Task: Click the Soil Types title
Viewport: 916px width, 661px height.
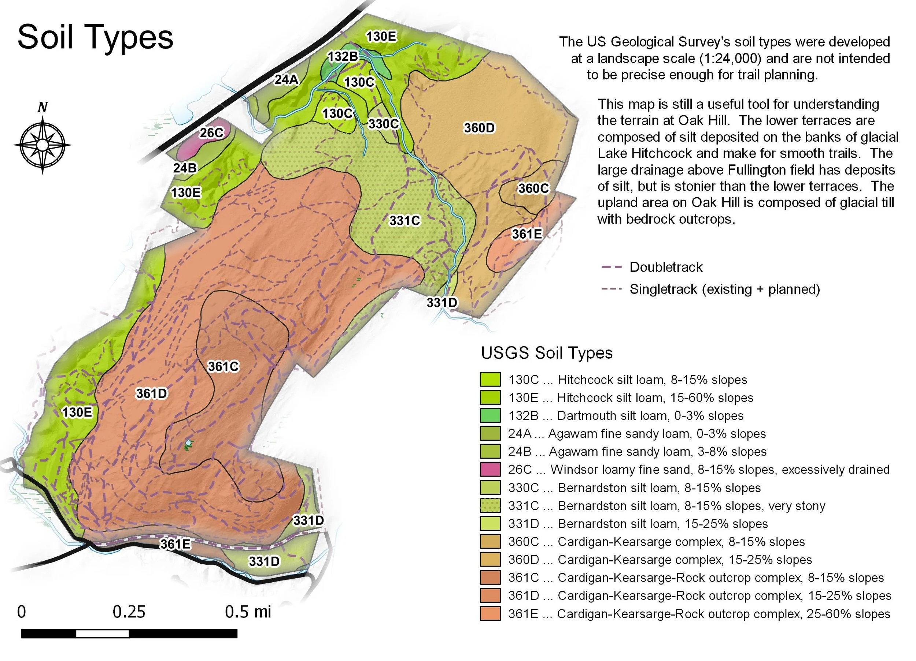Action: (95, 37)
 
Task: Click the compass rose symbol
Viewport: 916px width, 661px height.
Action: (43, 145)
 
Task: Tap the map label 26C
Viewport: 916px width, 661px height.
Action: (211, 133)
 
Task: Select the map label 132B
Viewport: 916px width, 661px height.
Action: (343, 56)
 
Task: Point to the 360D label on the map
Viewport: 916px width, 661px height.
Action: (479, 128)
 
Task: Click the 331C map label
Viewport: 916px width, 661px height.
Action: (404, 221)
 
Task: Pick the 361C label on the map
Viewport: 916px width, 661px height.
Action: (223, 366)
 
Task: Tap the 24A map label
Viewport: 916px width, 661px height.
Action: (287, 79)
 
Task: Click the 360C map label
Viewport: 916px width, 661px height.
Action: (533, 188)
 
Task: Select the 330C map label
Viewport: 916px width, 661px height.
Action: (383, 123)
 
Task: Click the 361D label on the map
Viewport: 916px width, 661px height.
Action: (151, 393)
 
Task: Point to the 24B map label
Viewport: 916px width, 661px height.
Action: (185, 168)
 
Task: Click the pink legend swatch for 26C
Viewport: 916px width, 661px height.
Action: (490, 469)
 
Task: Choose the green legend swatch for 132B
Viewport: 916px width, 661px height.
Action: (490, 415)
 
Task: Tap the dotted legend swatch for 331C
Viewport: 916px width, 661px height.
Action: (490, 505)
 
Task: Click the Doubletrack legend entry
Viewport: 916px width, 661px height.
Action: (666, 267)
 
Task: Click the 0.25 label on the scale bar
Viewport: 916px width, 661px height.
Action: (129, 612)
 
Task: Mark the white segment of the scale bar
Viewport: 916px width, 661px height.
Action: (102, 634)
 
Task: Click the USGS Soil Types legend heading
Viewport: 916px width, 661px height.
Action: (546, 353)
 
